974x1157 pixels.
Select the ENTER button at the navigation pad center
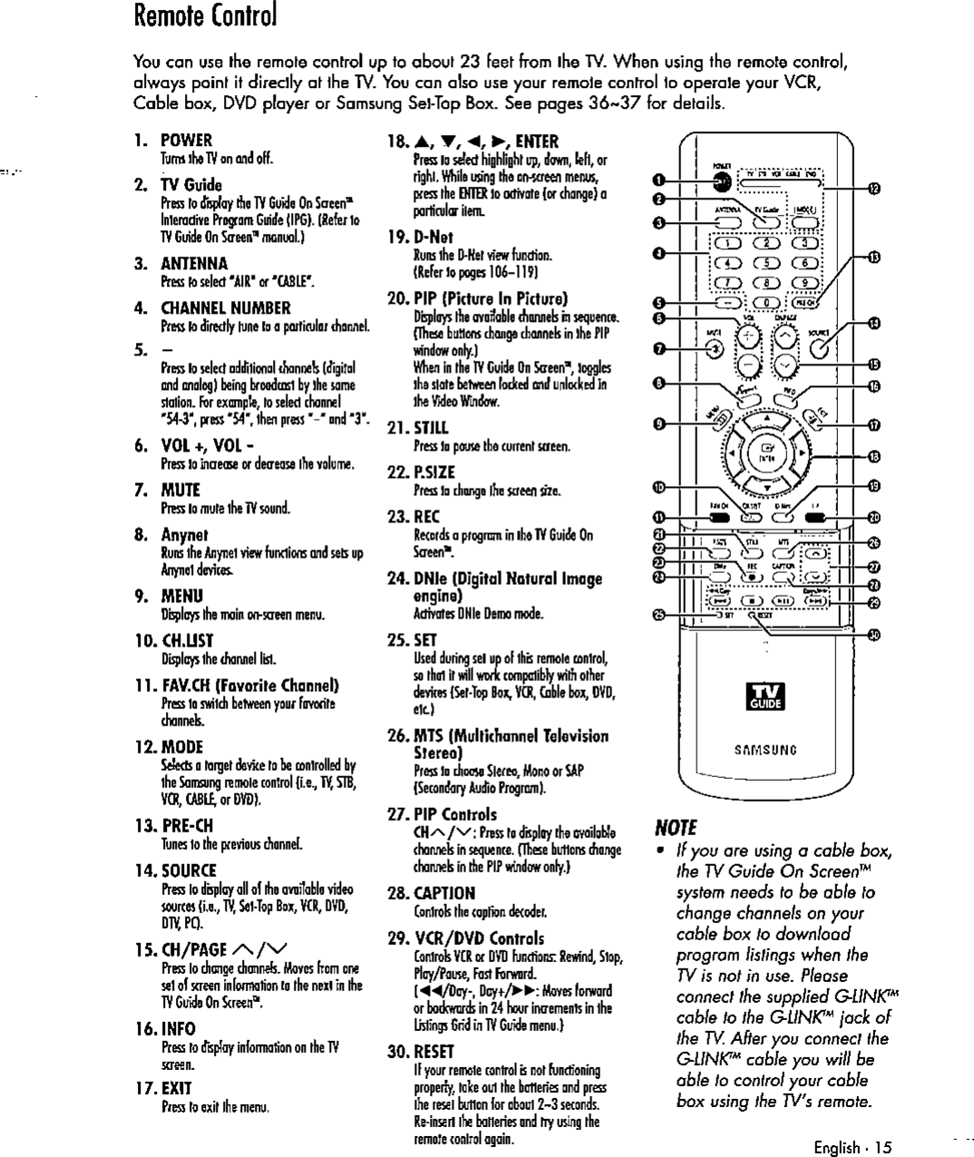(768, 450)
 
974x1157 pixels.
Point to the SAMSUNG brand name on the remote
(768, 750)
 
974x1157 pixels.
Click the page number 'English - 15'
(852, 1148)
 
